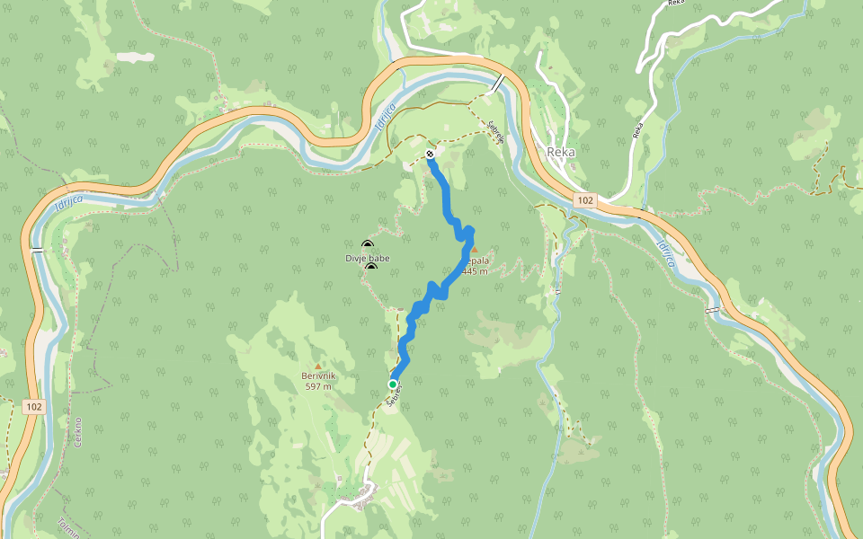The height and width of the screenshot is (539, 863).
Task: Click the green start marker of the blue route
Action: click(x=393, y=384)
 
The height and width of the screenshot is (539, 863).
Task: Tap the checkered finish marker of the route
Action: click(x=431, y=155)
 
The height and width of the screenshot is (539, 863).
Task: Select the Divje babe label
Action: click(x=368, y=259)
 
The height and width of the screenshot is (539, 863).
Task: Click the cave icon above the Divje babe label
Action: click(x=367, y=245)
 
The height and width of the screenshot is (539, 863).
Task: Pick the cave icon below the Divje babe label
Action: click(x=370, y=268)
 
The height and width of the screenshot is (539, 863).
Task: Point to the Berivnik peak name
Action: click(x=318, y=376)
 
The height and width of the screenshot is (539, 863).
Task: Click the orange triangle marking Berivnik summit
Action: click(x=317, y=365)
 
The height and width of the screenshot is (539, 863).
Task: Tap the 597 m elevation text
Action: click(x=318, y=386)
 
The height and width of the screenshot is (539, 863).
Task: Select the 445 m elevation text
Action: click(x=475, y=271)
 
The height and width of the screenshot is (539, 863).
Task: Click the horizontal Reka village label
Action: click(x=561, y=152)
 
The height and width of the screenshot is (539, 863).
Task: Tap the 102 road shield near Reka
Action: click(x=585, y=199)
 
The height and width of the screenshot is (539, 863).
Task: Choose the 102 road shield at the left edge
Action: click(x=33, y=407)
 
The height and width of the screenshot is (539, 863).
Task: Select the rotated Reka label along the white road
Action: click(x=637, y=130)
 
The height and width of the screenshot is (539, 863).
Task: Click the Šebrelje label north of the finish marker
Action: click(x=493, y=134)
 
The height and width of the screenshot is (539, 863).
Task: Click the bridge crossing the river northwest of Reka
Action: click(x=497, y=84)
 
